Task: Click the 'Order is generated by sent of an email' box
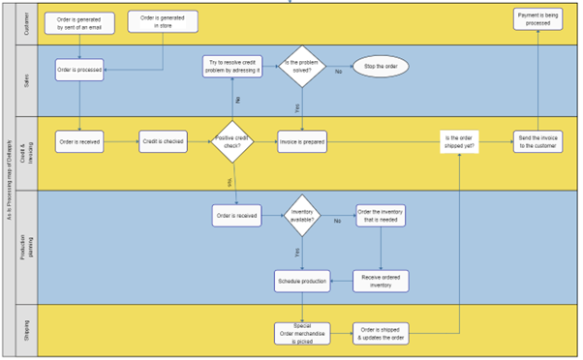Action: click(x=78, y=22)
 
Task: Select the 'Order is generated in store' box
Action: click(x=163, y=21)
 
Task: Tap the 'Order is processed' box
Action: click(x=78, y=70)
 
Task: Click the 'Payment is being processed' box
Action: click(x=538, y=19)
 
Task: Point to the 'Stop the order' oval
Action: click(x=381, y=67)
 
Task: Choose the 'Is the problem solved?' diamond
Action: click(x=302, y=66)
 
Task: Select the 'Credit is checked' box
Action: click(x=163, y=142)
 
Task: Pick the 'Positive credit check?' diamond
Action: click(x=233, y=142)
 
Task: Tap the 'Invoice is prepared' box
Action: click(x=302, y=142)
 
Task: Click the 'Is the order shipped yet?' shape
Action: click(x=458, y=142)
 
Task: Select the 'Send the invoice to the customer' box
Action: click(x=538, y=142)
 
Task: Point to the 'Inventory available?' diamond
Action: click(x=302, y=215)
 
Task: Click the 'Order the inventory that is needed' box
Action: click(x=381, y=215)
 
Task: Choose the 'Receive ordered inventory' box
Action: click(x=381, y=281)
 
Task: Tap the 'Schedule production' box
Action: click(x=302, y=281)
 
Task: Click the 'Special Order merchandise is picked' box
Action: click(x=302, y=333)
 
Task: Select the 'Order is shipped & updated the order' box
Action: click(x=381, y=333)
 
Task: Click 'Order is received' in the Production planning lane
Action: click(x=235, y=215)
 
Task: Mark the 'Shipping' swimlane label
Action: click(x=26, y=331)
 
